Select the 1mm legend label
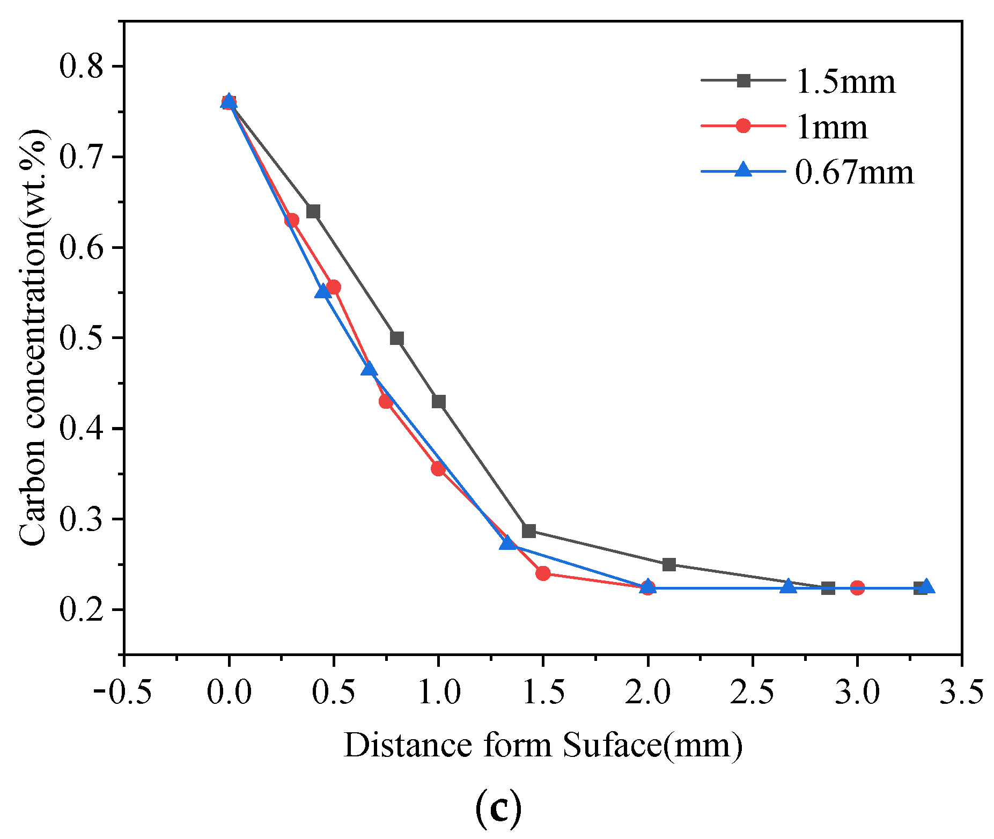tap(831, 128)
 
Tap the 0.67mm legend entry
tap(854, 173)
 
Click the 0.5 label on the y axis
tap(82, 338)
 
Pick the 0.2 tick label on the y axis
tap(82, 610)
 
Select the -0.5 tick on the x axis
tap(122, 692)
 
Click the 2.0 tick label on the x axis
tap(648, 692)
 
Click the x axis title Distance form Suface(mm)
tap(543, 746)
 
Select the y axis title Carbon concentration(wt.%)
tap(33, 338)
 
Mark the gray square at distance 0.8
tap(397, 338)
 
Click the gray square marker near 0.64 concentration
tap(313, 211)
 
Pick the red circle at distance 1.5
tap(543, 573)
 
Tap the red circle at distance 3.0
tap(857, 588)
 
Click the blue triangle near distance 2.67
tap(788, 586)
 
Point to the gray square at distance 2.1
tap(669, 564)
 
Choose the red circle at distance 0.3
tap(292, 220)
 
